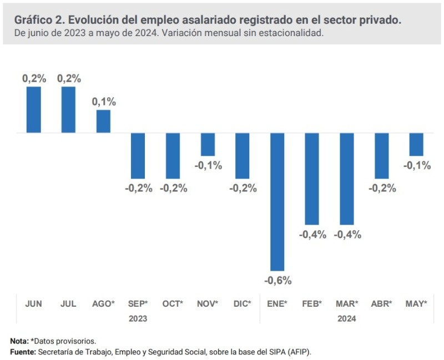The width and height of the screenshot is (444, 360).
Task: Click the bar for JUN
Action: [34, 110]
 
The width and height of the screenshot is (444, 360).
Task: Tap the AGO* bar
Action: [103, 121]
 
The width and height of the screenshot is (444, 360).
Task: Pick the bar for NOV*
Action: [208, 144]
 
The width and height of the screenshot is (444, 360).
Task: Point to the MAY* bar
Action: [416, 144]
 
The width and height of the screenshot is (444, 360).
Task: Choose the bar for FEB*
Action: [312, 179]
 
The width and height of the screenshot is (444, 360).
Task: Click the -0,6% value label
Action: [277, 280]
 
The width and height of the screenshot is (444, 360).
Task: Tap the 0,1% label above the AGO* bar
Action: [104, 102]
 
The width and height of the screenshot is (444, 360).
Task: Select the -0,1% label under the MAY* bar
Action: [417, 165]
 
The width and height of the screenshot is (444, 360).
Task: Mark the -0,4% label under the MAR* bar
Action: [347, 234]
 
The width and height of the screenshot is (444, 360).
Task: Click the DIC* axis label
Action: [243, 303]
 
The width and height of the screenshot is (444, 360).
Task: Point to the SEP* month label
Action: [138, 303]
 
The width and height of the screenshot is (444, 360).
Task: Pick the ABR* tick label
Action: [382, 303]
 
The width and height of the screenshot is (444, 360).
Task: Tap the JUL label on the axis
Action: [68, 303]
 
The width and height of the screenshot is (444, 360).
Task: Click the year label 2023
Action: [138, 319]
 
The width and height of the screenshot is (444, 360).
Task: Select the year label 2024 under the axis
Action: [347, 319]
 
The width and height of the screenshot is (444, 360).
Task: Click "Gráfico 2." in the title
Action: [38, 19]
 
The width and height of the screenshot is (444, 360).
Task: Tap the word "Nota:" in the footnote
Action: [21, 340]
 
